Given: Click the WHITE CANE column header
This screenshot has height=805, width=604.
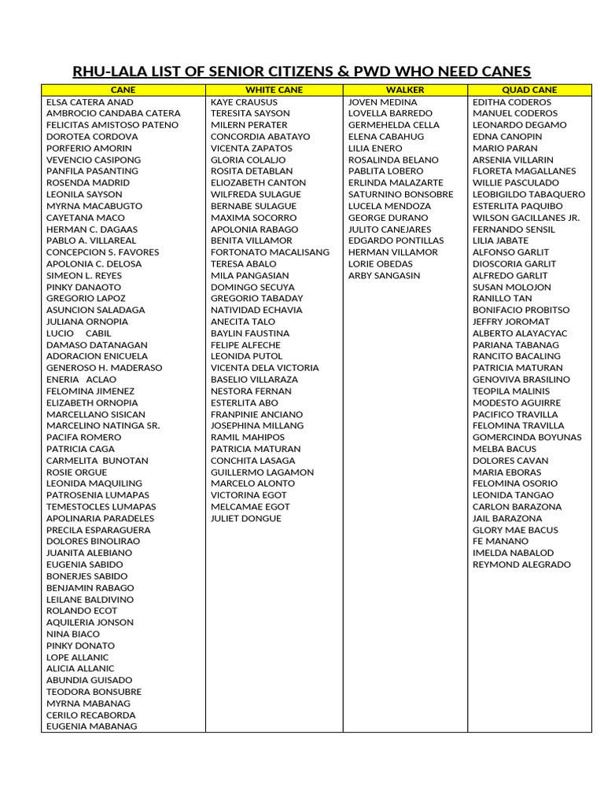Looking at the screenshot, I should pos(274,90).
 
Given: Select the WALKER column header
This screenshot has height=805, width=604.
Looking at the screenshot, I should pos(405,90).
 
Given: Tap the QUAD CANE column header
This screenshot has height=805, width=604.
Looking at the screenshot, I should pos(529,90).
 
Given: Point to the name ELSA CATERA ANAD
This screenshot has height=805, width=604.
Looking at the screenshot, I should pos(90,102).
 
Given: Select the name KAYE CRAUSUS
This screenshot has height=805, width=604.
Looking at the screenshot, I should pos(244,102).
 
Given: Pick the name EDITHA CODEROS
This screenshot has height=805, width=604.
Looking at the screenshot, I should pos(512,102).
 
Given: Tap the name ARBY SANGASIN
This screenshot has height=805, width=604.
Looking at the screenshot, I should pos(384,276).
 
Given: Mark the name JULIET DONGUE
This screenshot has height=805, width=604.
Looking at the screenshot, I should pos(245,519).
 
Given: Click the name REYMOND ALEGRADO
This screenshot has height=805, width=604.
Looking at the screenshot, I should pos(521,565).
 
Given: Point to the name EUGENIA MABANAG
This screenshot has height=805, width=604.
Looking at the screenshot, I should pos(91,727).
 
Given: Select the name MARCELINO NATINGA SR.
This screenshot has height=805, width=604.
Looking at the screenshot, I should pos(103,426).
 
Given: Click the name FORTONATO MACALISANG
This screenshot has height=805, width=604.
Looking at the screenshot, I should pos(270,252).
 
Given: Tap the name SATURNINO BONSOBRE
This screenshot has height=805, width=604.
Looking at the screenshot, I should pos(400,194).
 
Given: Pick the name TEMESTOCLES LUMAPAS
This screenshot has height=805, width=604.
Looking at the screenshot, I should pos(101,507).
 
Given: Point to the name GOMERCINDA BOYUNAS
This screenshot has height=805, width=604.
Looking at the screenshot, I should pos(527,438).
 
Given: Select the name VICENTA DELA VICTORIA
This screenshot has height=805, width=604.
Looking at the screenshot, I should pos(264,368).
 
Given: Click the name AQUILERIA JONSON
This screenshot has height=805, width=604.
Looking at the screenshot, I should pos(89,623).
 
